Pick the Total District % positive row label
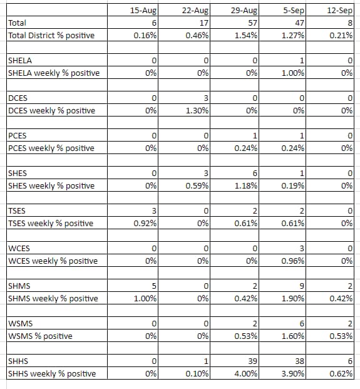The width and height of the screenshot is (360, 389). (51, 35)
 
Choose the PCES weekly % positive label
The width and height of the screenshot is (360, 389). (51, 148)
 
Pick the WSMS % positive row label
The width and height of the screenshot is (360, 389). (40, 336)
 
